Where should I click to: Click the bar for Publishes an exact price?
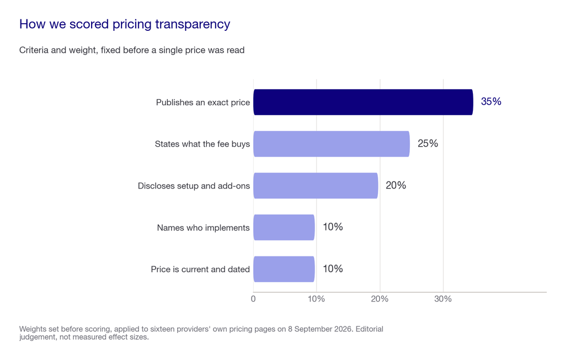point(363,102)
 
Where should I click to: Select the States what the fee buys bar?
point(332,144)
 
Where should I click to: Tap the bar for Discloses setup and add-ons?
point(316,186)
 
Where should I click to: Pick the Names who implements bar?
point(284,228)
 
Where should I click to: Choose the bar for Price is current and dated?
point(284,269)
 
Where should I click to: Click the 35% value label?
point(491,101)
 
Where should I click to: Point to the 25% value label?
point(428,143)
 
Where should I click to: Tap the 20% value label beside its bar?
point(396,185)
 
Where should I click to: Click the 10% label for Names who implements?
point(333,227)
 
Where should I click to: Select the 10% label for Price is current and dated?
point(333,268)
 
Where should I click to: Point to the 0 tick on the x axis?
point(253,299)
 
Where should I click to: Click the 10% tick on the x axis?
point(316,299)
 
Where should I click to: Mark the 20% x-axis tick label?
point(380,299)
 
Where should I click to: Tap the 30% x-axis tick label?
point(443,299)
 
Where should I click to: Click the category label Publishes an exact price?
point(203,103)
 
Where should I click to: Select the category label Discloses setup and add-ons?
point(194,186)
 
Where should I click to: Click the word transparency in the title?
point(193,24)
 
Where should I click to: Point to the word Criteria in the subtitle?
point(34,50)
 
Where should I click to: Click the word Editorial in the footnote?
point(370,329)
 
